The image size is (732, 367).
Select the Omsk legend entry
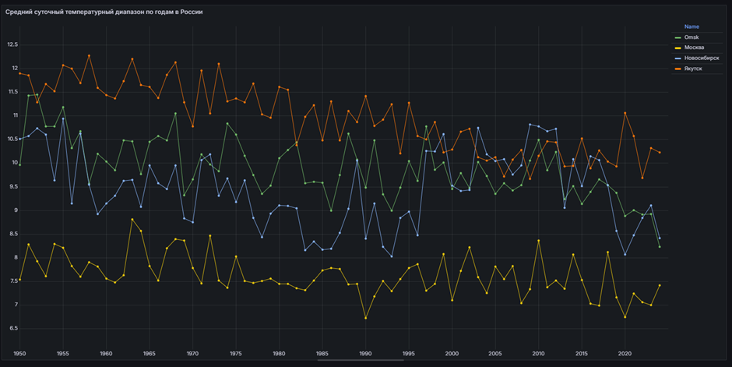click(x=692, y=37)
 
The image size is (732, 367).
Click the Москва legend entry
click(x=695, y=48)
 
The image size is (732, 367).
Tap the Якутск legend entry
click(x=693, y=69)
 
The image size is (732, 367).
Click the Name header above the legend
click(x=691, y=26)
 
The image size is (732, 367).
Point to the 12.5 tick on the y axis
click(x=12, y=44)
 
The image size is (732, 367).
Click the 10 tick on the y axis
click(x=14, y=163)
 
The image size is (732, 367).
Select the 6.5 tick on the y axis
click(x=13, y=328)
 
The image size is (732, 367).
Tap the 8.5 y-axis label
click(x=13, y=234)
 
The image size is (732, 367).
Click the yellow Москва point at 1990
click(x=366, y=318)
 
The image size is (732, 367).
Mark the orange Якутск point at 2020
click(x=625, y=113)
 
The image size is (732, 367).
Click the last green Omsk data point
click(x=660, y=247)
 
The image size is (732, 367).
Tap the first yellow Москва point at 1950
click(x=20, y=279)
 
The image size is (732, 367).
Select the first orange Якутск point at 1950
click(x=20, y=73)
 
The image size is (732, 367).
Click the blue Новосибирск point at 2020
click(x=625, y=254)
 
